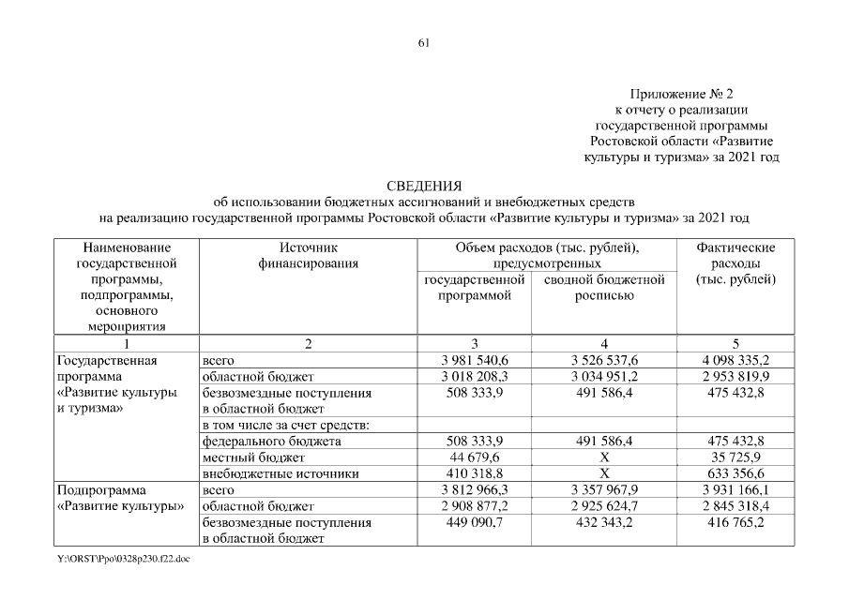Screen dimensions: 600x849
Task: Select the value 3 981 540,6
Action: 474,360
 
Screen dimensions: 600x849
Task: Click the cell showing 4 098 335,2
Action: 735,360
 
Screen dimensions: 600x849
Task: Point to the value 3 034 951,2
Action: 605,377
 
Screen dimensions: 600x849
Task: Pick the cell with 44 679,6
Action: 474,457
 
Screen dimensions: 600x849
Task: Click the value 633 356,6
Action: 735,473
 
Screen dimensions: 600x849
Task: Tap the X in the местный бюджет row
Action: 605,457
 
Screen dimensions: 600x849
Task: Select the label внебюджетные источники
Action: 267,473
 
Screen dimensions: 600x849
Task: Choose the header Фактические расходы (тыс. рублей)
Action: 735,263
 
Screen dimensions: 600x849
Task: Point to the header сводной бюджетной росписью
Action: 605,288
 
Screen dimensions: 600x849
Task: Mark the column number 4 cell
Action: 605,343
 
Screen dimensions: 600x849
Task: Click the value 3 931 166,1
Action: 735,490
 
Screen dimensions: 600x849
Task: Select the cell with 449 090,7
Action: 474,522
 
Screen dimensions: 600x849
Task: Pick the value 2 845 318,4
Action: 735,506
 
